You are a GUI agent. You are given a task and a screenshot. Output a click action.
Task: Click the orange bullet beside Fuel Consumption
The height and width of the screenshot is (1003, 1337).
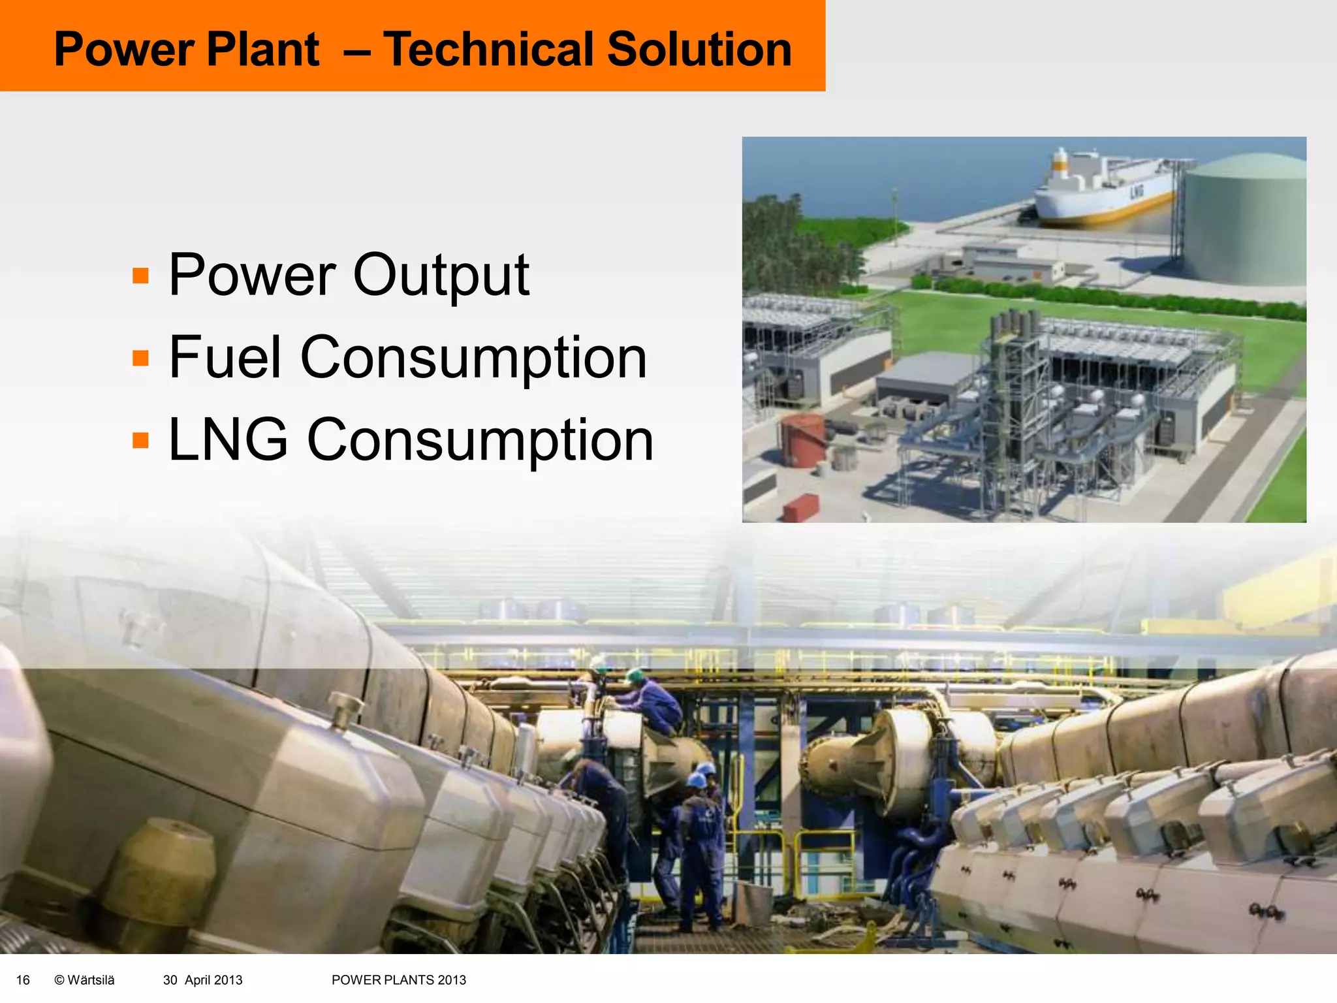[140, 358]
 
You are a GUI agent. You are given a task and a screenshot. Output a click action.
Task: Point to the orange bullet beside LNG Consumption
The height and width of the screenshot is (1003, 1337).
[140, 440]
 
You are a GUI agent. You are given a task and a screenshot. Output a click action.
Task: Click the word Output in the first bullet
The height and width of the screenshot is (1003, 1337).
[441, 275]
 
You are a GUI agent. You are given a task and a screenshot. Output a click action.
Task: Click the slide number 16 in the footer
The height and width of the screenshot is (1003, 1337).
[23, 979]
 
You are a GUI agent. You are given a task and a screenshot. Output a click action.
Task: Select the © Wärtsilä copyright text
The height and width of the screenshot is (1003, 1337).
[84, 979]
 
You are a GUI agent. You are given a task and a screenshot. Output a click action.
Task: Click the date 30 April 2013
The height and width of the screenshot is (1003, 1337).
[202, 979]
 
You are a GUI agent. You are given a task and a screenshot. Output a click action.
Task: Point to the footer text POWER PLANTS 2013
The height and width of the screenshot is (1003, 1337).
[398, 979]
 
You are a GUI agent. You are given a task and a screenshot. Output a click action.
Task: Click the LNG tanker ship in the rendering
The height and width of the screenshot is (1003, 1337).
[1103, 193]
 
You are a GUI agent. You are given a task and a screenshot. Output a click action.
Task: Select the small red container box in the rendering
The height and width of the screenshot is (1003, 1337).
[800, 507]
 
